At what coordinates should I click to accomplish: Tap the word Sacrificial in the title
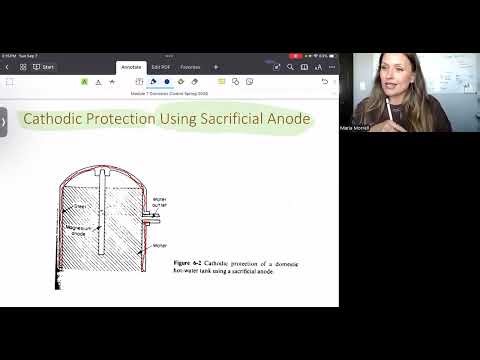(x=233, y=120)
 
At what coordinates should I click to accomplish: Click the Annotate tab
(x=131, y=67)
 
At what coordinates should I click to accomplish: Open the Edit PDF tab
(x=160, y=67)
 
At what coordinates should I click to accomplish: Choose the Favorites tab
(x=190, y=67)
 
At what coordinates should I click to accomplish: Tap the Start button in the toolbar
(x=44, y=67)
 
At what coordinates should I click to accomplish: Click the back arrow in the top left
(x=8, y=67)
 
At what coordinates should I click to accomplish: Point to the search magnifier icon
(x=290, y=67)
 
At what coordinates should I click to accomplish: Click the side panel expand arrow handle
(x=4, y=121)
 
